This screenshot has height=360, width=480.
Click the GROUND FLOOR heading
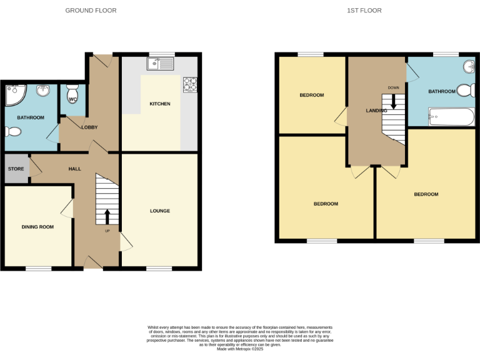click(x=91, y=11)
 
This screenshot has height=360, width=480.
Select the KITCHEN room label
click(x=160, y=104)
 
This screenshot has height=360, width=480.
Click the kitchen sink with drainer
click(x=161, y=63)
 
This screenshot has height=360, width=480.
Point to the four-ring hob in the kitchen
click(x=189, y=84)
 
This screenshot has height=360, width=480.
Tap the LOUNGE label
click(x=160, y=211)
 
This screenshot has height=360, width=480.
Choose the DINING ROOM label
click(x=37, y=227)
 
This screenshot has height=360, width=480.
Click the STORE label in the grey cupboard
click(x=16, y=169)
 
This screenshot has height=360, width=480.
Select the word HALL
click(x=74, y=169)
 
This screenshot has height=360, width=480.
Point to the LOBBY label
click(x=89, y=127)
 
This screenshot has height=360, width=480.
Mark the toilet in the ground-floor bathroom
click(x=12, y=132)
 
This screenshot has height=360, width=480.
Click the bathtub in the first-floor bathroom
click(x=452, y=116)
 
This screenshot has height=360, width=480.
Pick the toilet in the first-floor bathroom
click(x=465, y=91)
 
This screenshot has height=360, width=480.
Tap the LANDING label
click(x=376, y=111)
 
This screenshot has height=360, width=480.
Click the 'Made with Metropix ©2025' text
click(x=240, y=349)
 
